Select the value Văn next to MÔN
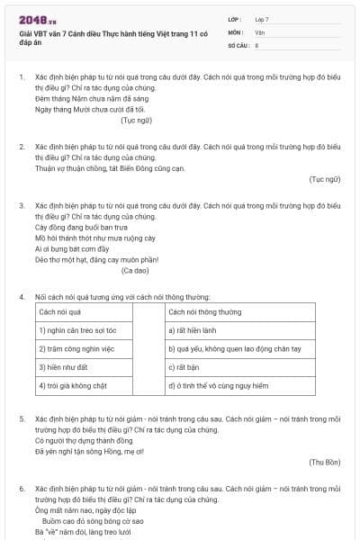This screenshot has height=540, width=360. [x=259, y=31]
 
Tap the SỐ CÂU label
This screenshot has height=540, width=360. [x=238, y=44]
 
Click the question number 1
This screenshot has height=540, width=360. [x=21, y=78]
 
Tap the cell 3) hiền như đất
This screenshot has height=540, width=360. [x=59, y=367]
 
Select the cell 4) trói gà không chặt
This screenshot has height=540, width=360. [x=70, y=386]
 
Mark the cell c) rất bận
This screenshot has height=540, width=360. [x=183, y=367]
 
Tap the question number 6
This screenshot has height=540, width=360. [x=21, y=487]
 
